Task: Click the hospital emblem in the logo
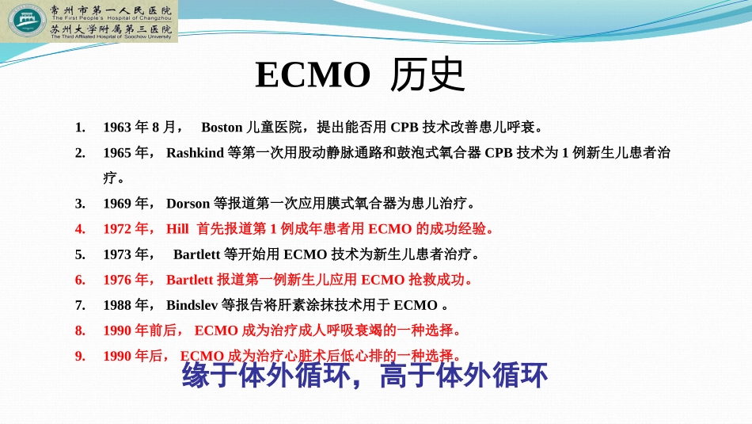point(25,21)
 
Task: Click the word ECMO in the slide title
point(313,76)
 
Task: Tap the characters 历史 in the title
point(428,76)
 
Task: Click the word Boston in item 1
point(222,127)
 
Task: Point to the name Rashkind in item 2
point(195,153)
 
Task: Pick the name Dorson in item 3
point(188,204)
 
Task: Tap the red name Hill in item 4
point(177,229)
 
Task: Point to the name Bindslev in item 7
point(193,305)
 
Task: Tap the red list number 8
point(80,330)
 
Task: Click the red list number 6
point(80,280)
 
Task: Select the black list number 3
point(80,204)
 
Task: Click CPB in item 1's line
point(404,127)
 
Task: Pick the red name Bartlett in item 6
point(190,280)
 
